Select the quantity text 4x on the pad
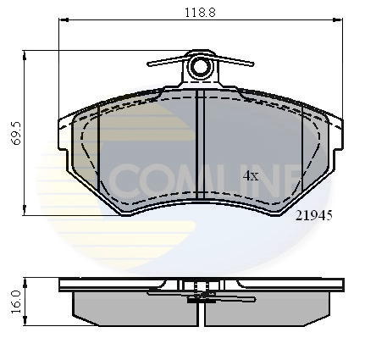[x=251, y=175]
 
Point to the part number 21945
[x=312, y=215]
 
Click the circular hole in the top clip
[x=201, y=66]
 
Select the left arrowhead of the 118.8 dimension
[x=63, y=22]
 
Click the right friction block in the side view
[x=267, y=307]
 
